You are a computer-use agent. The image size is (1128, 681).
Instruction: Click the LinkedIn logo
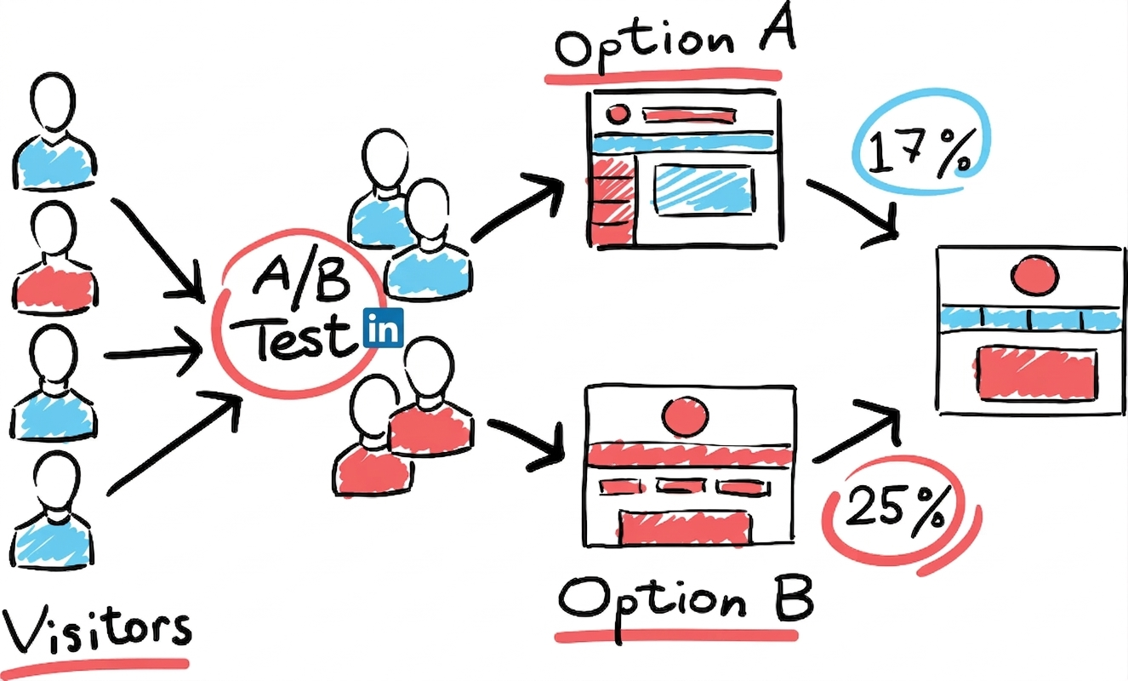(x=383, y=328)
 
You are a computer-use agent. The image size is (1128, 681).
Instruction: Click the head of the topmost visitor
(x=53, y=103)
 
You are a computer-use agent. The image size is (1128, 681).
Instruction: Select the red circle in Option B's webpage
(x=686, y=417)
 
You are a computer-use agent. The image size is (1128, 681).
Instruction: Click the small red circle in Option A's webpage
(x=618, y=114)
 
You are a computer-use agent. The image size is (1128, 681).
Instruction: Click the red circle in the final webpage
(x=1034, y=275)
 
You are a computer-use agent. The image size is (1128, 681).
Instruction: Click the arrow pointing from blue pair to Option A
(x=518, y=207)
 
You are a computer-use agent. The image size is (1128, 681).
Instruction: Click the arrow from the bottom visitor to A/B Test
(x=174, y=444)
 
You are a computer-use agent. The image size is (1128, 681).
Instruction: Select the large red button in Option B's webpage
(x=684, y=529)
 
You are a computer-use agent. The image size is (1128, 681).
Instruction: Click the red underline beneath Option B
(x=676, y=635)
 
